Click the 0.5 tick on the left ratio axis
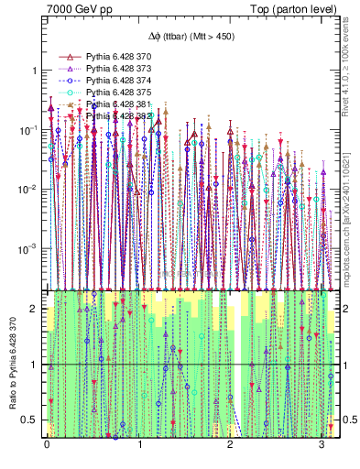(x=28, y=420)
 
